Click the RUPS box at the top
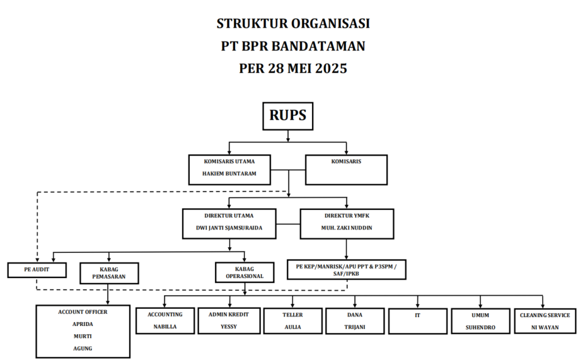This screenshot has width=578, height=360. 287,116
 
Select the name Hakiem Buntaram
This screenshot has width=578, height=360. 229,173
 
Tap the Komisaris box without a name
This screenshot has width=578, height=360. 346,168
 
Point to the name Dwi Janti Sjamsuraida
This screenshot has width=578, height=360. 229,228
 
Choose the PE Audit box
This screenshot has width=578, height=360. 37,270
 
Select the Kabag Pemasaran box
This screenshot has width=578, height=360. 109,273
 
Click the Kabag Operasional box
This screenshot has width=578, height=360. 245,272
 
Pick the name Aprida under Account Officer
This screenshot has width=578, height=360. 83,324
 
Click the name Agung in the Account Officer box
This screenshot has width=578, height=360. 83,348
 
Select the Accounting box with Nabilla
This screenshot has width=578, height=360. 165,320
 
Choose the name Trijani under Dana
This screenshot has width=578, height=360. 354,327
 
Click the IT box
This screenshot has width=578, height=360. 417,320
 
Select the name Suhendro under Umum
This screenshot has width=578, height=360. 480,327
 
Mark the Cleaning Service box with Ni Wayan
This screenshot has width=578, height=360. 544,320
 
